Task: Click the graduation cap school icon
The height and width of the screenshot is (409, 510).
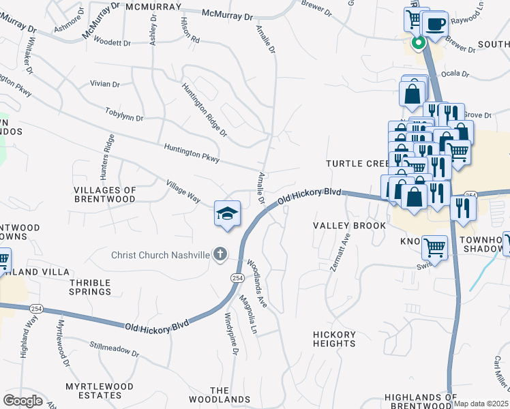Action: [227, 214]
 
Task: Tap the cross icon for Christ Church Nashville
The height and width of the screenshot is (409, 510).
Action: [220, 255]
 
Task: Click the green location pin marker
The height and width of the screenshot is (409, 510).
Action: [418, 42]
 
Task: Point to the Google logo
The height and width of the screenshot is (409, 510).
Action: [22, 401]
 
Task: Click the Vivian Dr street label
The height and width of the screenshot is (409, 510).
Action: [105, 85]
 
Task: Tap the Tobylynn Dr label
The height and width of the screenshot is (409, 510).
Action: [124, 113]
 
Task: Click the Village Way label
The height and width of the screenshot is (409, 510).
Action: [183, 191]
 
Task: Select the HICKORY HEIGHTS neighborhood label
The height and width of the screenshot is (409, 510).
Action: [334, 339]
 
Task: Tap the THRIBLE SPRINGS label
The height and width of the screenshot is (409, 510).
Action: [90, 286]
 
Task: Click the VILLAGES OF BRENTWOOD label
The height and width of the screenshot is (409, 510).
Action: [105, 194]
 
